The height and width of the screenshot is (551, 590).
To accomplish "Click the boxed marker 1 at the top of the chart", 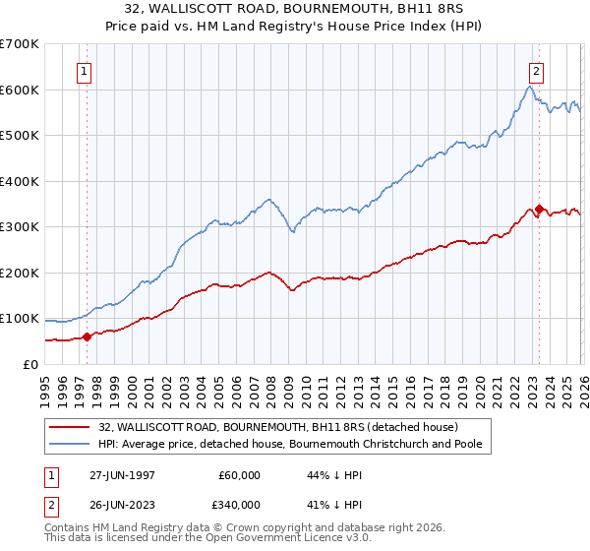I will click(x=84, y=71).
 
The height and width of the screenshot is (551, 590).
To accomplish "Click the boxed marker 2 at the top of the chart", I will click(x=536, y=71).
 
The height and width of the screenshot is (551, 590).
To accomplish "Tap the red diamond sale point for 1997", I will click(x=87, y=337).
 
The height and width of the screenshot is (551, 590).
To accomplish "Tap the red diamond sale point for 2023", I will click(x=539, y=209).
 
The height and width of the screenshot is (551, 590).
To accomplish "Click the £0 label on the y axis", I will click(x=29, y=364).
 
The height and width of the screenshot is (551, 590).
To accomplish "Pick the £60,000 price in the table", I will click(x=239, y=475).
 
